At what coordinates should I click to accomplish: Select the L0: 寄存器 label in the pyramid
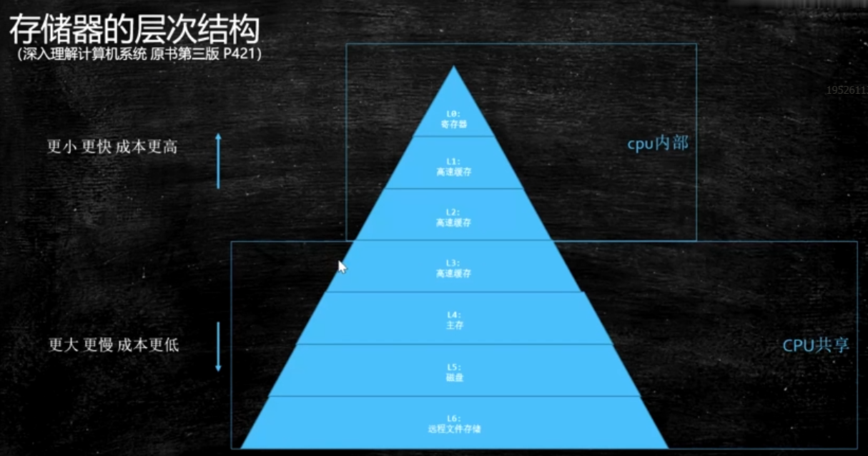(454, 118)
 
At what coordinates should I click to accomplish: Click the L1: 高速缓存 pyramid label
(454, 167)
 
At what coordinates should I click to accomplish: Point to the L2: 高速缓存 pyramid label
(454, 218)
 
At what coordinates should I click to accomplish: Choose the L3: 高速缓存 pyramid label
(454, 268)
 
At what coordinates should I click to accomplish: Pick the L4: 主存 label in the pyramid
(454, 320)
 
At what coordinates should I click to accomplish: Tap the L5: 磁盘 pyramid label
(454, 372)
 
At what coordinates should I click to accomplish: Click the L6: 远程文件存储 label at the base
(454, 424)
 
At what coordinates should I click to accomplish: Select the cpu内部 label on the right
(658, 143)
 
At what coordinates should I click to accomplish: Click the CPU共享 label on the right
(816, 345)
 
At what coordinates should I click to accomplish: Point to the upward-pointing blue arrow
(219, 160)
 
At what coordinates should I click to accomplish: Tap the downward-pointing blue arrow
(219, 347)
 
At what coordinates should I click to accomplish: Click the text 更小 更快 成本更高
(112, 147)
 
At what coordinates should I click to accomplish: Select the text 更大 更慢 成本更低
(113, 345)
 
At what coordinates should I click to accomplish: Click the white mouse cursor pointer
(342, 266)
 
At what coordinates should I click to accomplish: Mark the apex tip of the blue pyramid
(454, 68)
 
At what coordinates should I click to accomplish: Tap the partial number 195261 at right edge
(847, 92)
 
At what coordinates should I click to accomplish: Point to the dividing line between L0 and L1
(454, 136)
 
